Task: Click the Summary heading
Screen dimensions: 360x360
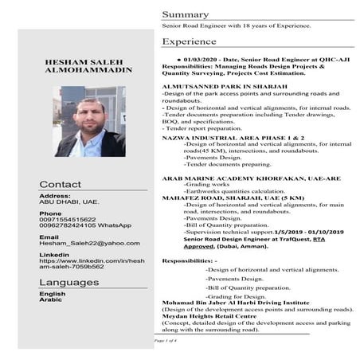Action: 185,15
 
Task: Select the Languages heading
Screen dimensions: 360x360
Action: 69,282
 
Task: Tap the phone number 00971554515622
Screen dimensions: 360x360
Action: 67,219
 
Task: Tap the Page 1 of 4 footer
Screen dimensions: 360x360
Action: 166,340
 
